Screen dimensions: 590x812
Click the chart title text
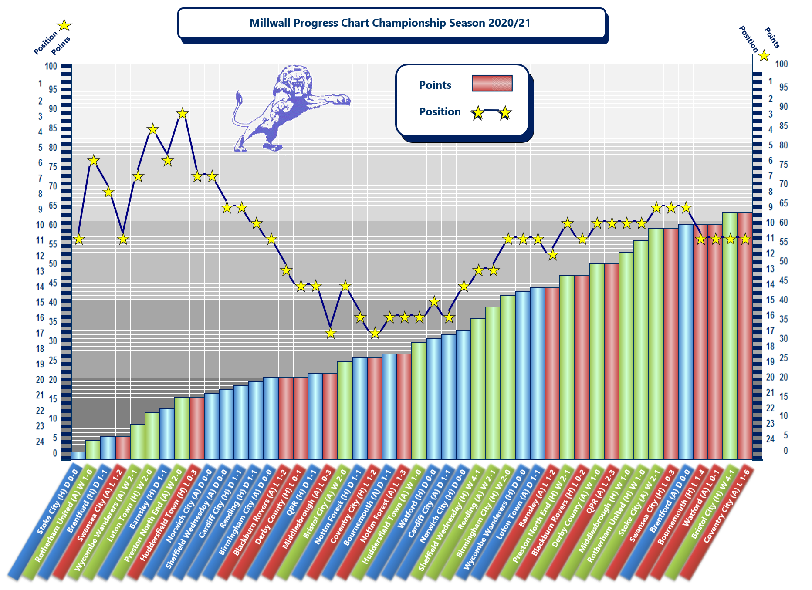coord(390,23)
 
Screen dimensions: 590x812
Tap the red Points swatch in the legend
coord(492,83)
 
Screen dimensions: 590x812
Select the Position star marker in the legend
coord(478,113)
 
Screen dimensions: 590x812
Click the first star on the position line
coord(78,239)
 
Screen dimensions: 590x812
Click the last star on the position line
coord(745,239)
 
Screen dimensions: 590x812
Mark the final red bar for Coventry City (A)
coord(744,335)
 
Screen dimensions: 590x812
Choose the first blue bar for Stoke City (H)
coord(78,455)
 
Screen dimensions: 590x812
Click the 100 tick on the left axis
coord(51,66)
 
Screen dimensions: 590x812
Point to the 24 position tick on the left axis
coord(40,442)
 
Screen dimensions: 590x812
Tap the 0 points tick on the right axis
coord(785,451)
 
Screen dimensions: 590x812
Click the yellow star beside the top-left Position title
coord(64,25)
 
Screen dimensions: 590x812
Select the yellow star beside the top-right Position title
coord(764,56)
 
